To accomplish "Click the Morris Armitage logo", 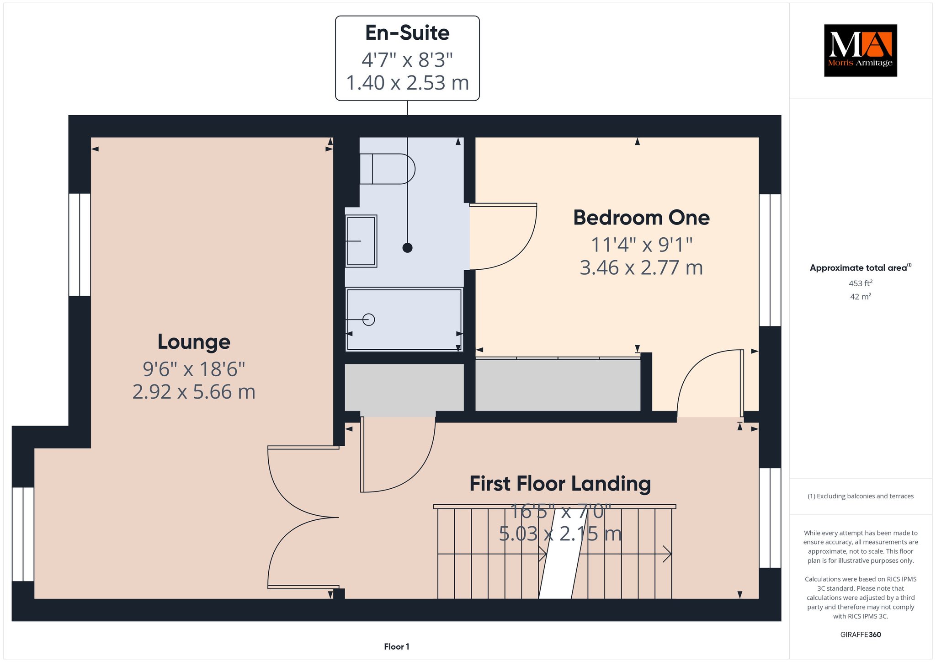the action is pos(860,50).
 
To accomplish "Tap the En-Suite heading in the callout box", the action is pos(407,33).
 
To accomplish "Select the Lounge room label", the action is pos(194,342).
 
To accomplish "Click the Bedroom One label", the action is pos(641,218).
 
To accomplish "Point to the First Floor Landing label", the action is pos(560,484).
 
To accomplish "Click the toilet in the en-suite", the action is pos(387,169).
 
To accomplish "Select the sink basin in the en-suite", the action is pos(361,241).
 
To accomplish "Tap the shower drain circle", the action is pos(368,320).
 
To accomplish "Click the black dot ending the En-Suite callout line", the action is pos(407,248).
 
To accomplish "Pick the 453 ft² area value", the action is pos(861,283).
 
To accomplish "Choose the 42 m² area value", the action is pos(861,297).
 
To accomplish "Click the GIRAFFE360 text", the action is pos(861,635).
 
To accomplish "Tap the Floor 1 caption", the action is pos(397,646).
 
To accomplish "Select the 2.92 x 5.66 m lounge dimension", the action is pos(194,392).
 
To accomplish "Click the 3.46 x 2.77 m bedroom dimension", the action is pos(641,267).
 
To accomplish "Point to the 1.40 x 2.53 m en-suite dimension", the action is pos(407,83).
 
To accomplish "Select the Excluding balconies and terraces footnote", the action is pos(861,496).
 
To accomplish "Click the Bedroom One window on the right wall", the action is pos(770,260).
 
